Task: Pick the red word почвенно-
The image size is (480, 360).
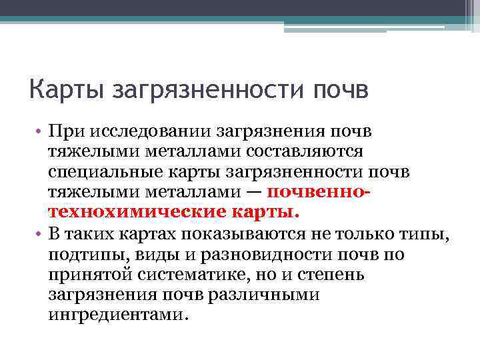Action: [x=318, y=193]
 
